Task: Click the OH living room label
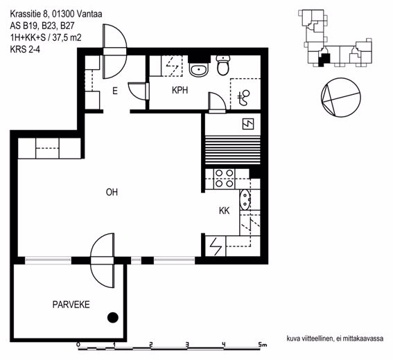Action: (112, 192)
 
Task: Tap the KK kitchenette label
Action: (224, 210)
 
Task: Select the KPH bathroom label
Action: (180, 90)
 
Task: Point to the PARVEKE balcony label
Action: (71, 305)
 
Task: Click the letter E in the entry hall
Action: (115, 91)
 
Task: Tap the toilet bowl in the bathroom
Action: (222, 65)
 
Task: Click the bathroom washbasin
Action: (199, 70)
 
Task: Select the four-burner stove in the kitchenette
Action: (225, 179)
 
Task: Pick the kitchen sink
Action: (245, 200)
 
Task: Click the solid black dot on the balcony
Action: (112, 318)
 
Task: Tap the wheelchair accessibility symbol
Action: (244, 98)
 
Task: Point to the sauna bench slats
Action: (233, 150)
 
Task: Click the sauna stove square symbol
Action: (248, 124)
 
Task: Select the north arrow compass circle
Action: (340, 98)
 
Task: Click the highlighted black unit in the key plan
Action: (324, 60)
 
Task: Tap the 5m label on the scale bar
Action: (263, 345)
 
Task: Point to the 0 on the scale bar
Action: (78, 345)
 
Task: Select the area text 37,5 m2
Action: (67, 38)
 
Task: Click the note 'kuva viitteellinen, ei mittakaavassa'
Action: (335, 339)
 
